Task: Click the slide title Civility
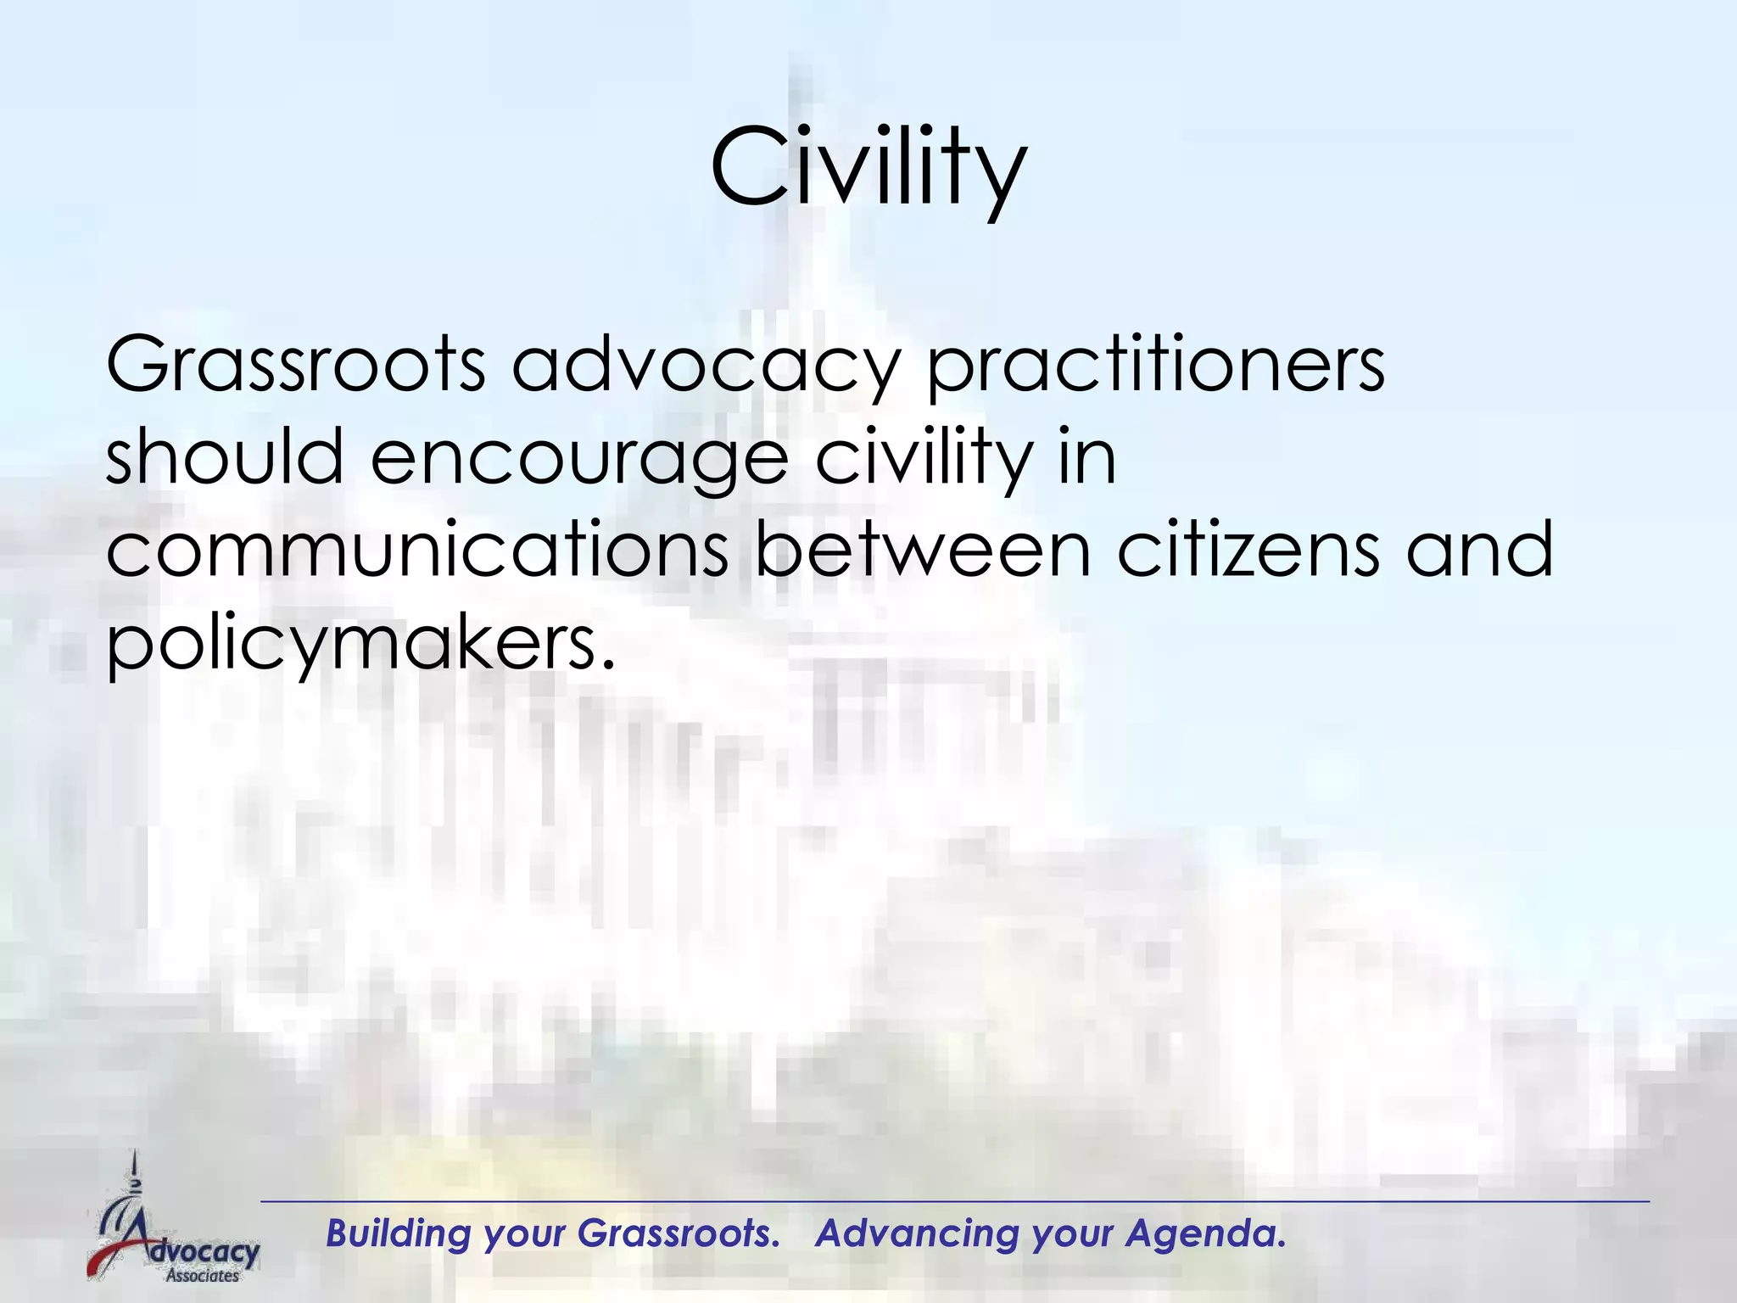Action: point(868,167)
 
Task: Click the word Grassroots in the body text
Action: point(295,366)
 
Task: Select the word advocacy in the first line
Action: point(704,366)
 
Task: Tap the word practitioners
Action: point(1155,366)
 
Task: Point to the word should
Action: point(224,457)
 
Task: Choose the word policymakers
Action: point(359,642)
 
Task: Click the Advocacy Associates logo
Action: point(174,1222)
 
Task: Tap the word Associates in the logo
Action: point(202,1275)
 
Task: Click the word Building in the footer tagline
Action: point(398,1233)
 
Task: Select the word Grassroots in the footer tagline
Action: point(678,1233)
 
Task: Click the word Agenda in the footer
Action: point(1205,1233)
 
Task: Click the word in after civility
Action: point(1086,457)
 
